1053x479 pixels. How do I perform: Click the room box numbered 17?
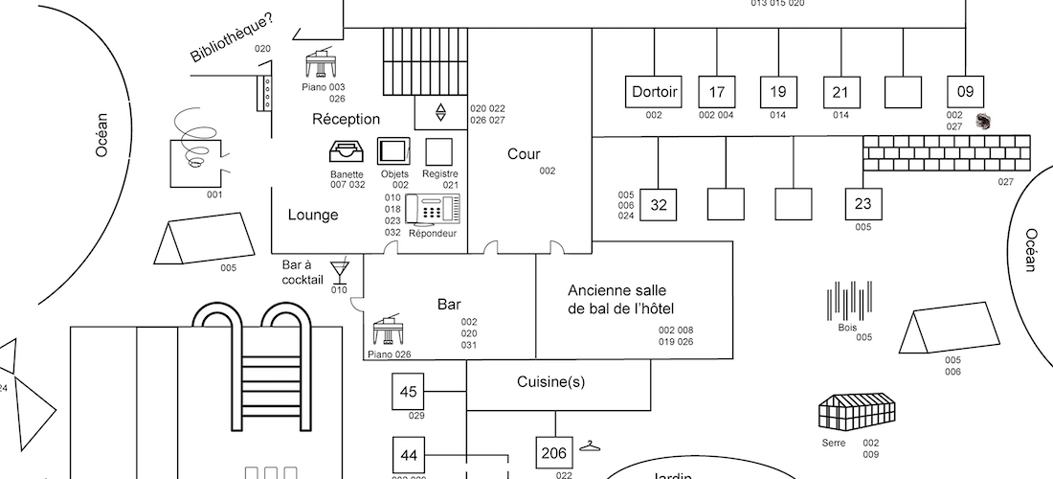(716, 92)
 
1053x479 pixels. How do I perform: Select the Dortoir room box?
(655, 92)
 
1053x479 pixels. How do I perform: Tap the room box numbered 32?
(658, 204)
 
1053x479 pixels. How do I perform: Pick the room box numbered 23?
(863, 204)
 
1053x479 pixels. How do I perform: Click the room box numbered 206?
(554, 453)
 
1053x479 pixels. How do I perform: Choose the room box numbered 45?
(409, 392)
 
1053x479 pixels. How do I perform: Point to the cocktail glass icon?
(340, 269)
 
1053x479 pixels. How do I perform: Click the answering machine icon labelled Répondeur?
(432, 210)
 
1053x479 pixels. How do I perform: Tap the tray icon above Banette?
(347, 152)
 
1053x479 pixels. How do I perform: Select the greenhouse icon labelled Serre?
(858, 411)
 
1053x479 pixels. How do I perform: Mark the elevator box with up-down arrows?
(440, 112)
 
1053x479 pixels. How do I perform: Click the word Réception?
(347, 120)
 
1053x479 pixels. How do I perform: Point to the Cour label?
(524, 154)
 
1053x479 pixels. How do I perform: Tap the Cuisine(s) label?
(550, 381)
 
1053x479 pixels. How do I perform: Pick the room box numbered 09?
(965, 92)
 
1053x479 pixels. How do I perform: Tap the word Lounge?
(313, 216)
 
